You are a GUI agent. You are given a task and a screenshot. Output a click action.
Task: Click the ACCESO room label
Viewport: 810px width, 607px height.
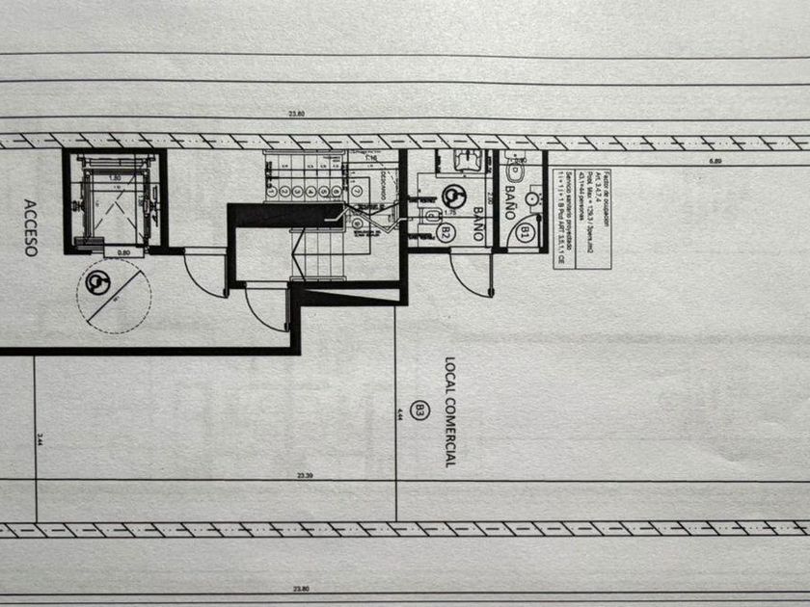pos(29,228)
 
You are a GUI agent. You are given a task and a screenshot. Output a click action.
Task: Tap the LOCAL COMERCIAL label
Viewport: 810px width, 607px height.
pos(448,411)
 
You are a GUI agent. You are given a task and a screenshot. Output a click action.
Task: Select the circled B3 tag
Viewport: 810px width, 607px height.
pos(418,410)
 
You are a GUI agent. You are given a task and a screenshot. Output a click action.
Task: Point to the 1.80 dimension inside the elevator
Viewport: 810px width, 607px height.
pos(114,178)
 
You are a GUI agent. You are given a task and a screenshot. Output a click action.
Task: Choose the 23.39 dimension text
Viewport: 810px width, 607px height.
pos(305,476)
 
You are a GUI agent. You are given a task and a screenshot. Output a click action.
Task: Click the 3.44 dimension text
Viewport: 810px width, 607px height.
pos(40,439)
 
